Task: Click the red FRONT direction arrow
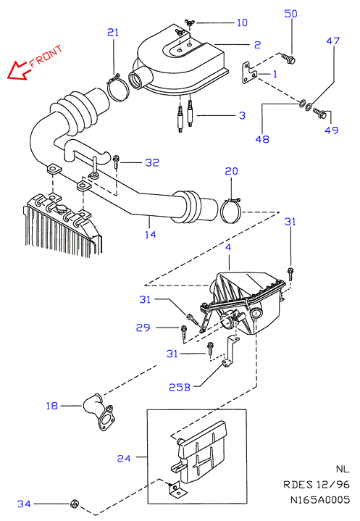[x=17, y=70]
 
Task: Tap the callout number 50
[x=291, y=14]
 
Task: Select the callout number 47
[x=332, y=41]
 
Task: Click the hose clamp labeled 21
[x=118, y=88]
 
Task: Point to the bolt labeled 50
[x=288, y=59]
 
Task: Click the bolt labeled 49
[x=320, y=114]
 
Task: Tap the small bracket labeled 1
[x=248, y=72]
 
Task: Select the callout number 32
[x=152, y=162]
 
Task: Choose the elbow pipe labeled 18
[x=99, y=412]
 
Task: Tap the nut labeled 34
[x=75, y=504]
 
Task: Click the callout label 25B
[x=180, y=387]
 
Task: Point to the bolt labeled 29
[x=184, y=333]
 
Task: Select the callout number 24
[x=124, y=458]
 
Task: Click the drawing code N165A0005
[x=320, y=500]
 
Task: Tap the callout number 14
[x=151, y=235]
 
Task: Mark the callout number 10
[x=242, y=22]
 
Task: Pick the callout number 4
[x=228, y=247]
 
